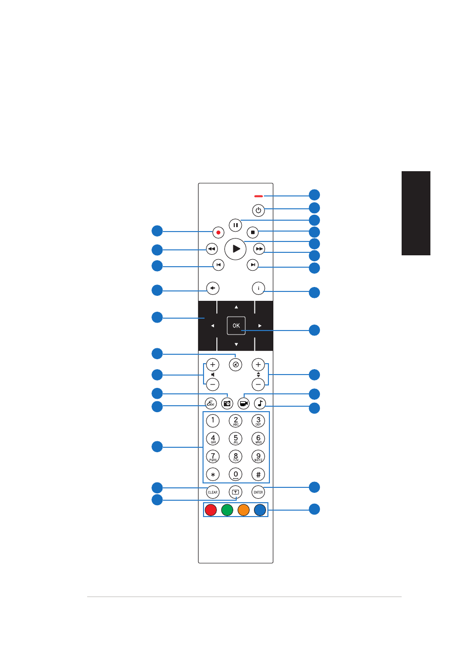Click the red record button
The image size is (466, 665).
218,232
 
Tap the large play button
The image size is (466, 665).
236,249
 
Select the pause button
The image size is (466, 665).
235,225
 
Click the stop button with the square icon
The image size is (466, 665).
253,232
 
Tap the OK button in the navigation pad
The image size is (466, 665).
236,326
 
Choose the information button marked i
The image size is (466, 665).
258,288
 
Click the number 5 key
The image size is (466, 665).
236,438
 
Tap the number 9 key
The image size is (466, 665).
258,456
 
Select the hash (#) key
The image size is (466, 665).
258,475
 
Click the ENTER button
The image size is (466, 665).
258,492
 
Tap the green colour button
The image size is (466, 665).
227,510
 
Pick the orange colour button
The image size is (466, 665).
244,510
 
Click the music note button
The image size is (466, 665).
260,403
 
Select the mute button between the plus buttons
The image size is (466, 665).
236,365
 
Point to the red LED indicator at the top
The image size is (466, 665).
259,196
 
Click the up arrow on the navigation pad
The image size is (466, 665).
236,307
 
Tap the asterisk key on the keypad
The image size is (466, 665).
213,475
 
